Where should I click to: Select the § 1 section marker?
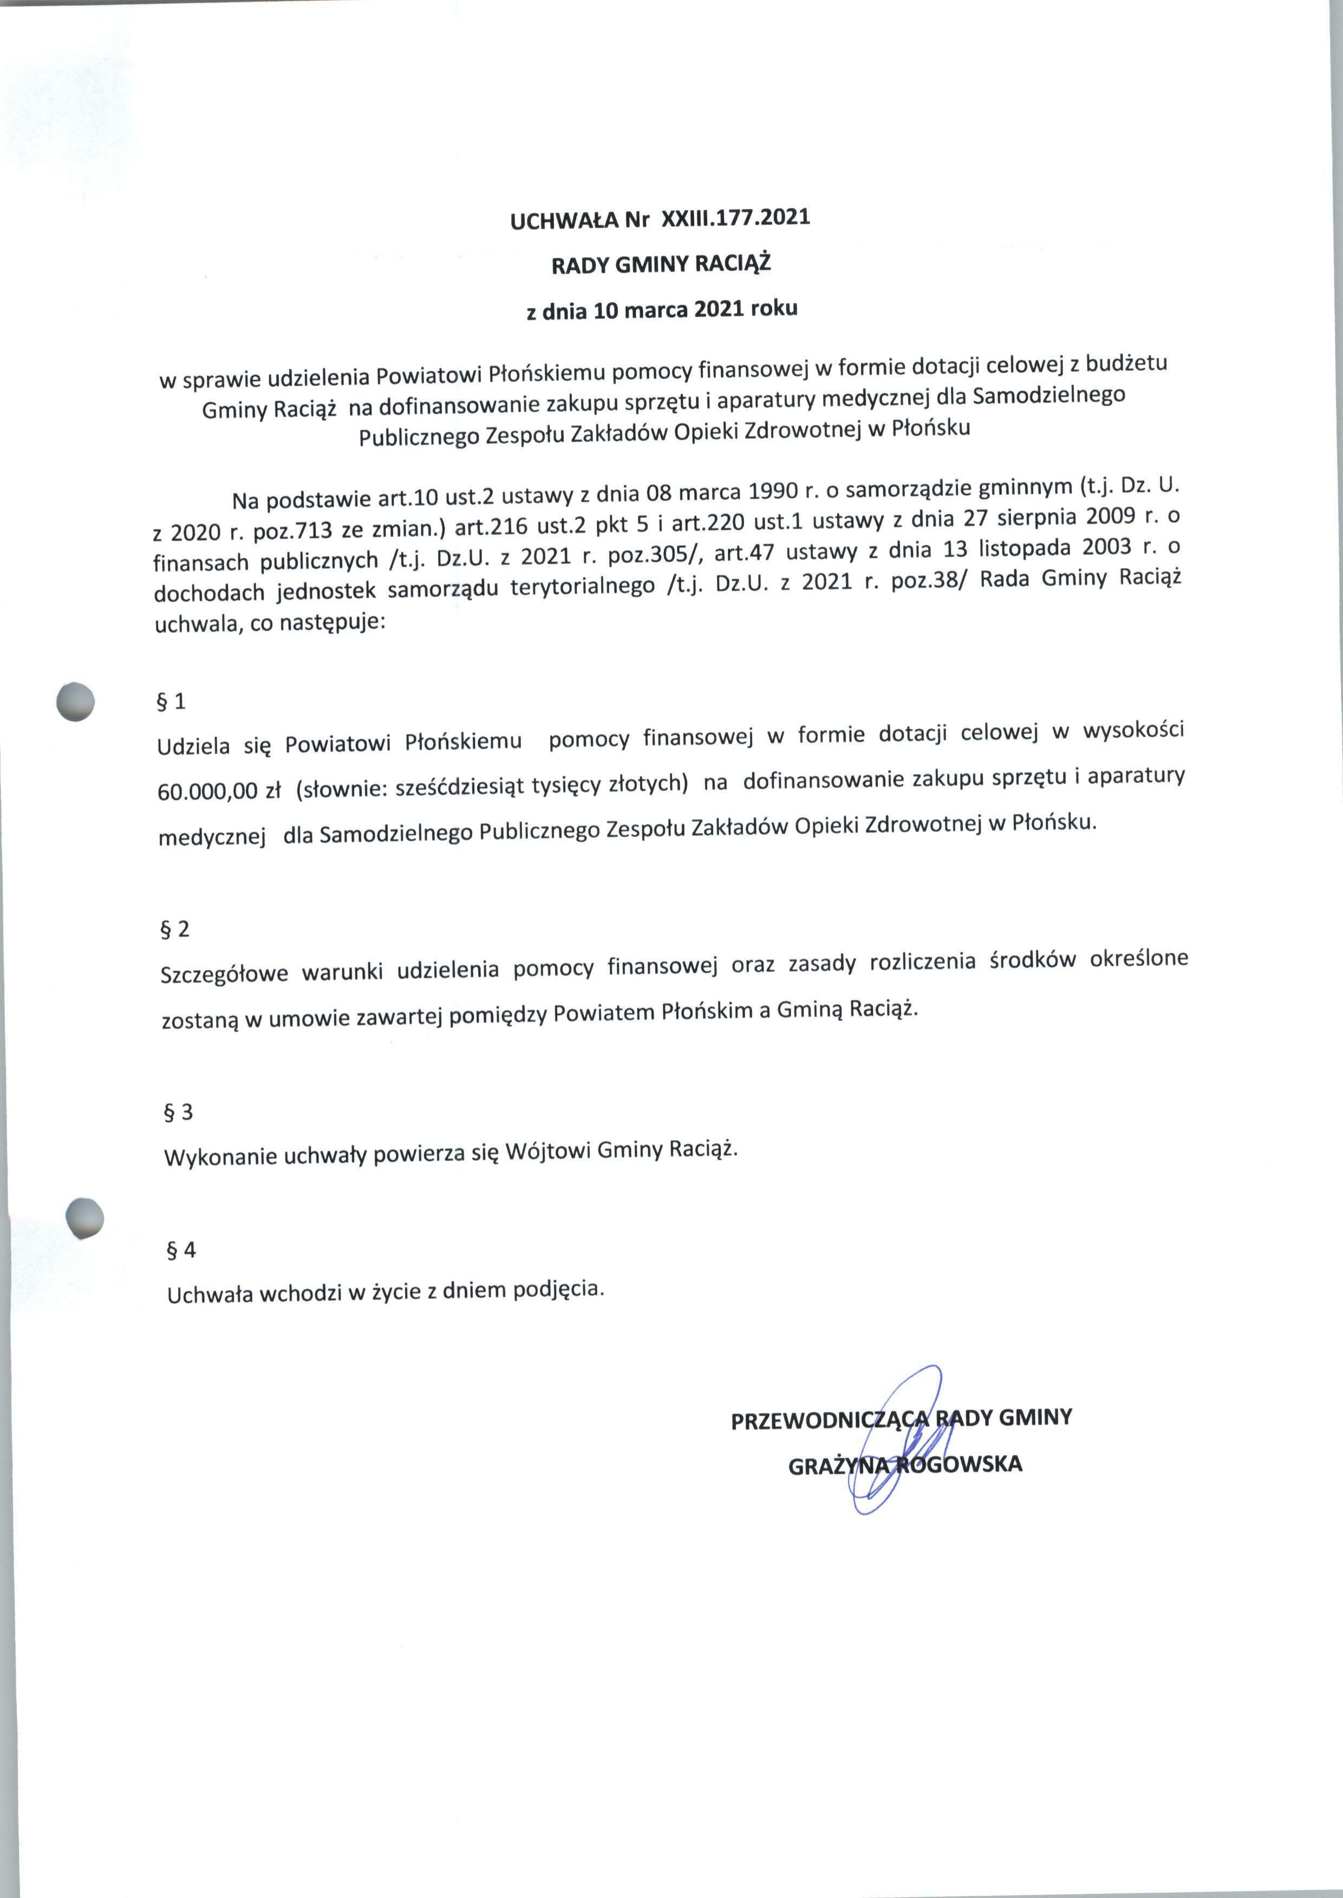pos(171,702)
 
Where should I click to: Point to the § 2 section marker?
pos(174,929)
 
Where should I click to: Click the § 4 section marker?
pos(181,1250)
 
